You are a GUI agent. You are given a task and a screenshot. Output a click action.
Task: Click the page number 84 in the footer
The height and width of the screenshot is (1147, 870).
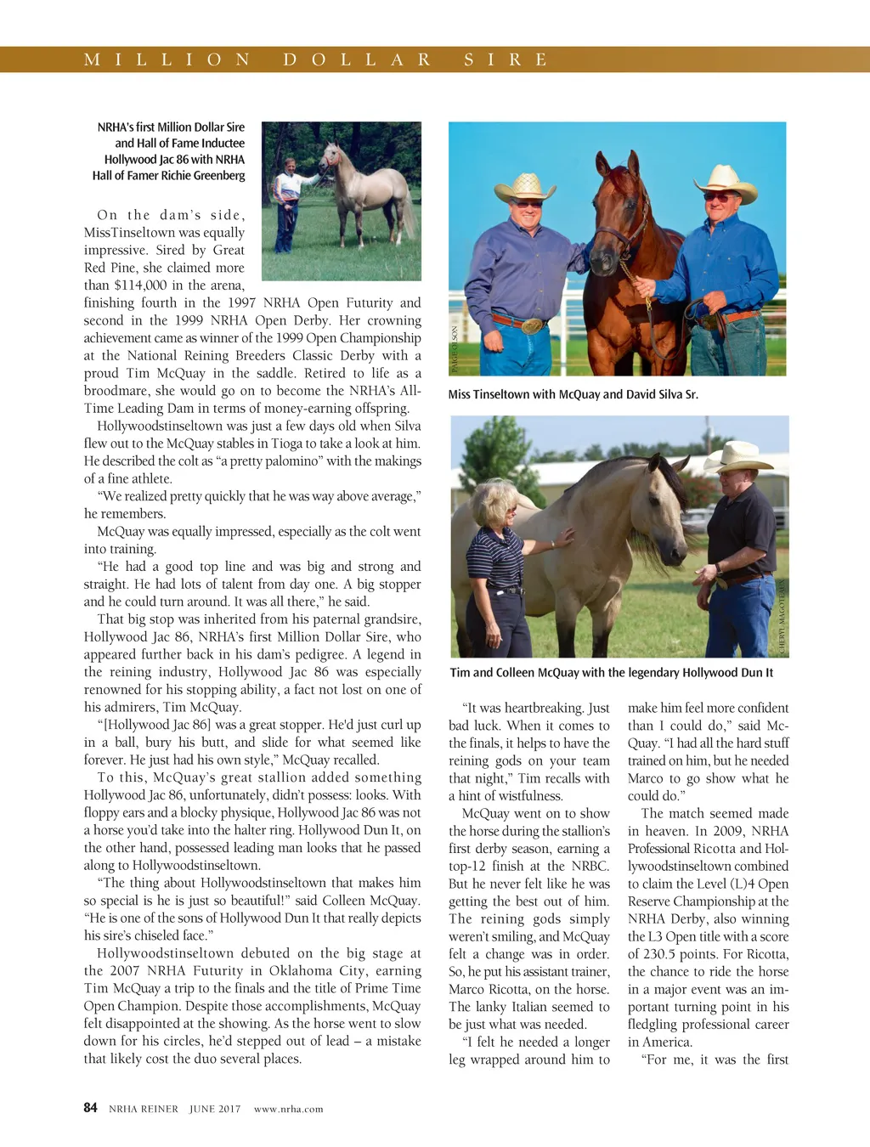90,1107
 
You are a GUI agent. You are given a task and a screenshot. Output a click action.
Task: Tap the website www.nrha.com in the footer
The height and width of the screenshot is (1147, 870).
288,1109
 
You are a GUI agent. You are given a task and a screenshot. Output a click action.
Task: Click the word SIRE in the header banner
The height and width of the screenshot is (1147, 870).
506,59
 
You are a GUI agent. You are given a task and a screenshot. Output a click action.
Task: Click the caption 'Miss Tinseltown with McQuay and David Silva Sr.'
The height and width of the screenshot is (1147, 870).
573,394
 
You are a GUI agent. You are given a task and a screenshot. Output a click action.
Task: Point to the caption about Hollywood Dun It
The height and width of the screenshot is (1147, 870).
611,672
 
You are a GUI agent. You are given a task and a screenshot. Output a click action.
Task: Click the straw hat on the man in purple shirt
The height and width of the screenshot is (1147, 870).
524,185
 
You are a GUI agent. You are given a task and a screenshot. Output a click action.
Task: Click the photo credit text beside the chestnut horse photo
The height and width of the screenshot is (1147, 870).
455,349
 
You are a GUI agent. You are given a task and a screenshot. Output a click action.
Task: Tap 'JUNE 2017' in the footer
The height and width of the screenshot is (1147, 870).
215,1109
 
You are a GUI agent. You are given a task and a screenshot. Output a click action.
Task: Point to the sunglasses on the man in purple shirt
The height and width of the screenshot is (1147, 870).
528,204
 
